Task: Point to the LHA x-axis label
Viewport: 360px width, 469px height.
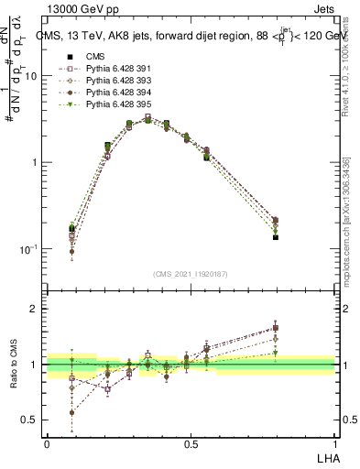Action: click(x=324, y=457)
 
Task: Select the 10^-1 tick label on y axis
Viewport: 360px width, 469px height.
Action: click(x=28, y=249)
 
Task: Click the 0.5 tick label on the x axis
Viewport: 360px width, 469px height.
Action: click(x=191, y=443)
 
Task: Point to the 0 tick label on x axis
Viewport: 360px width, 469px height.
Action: click(x=47, y=443)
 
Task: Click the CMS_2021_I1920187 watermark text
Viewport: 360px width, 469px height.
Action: click(x=191, y=274)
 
